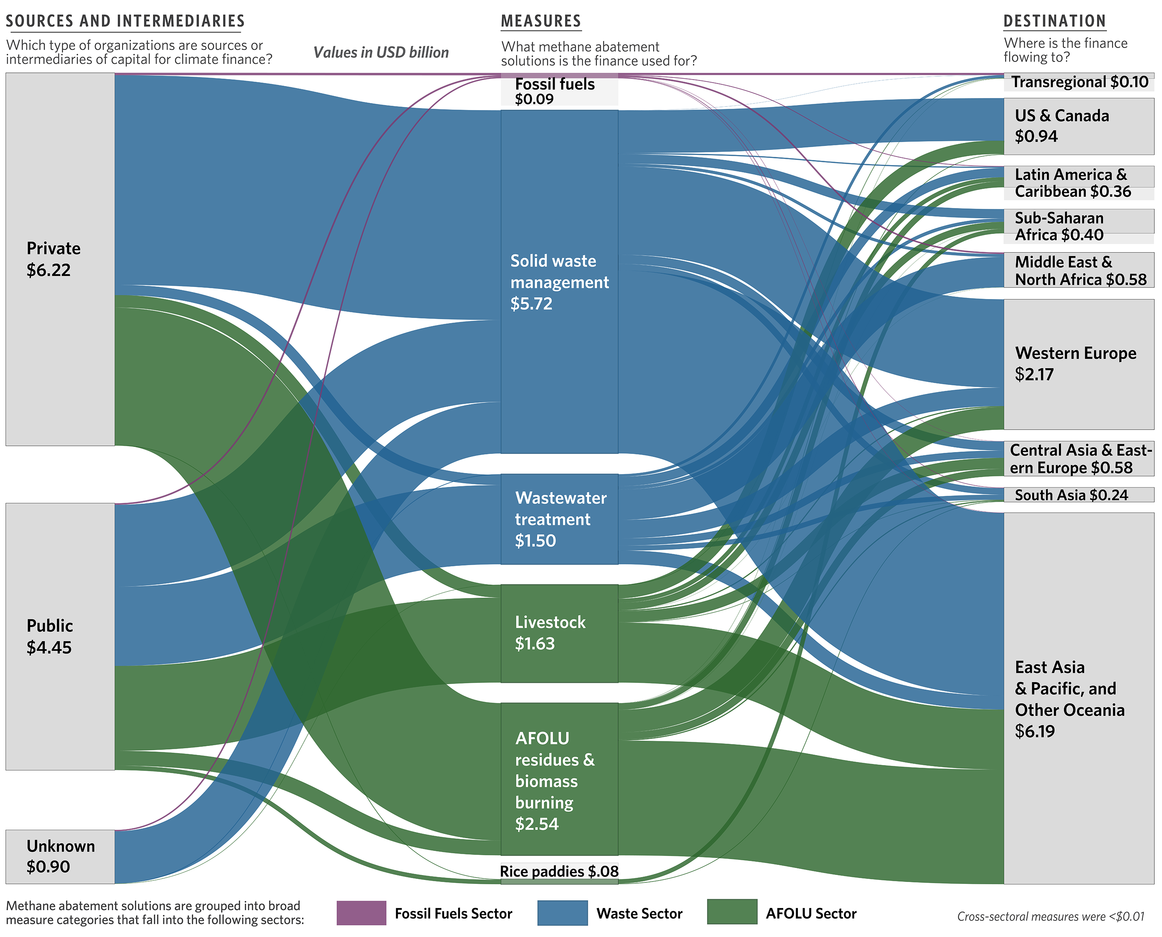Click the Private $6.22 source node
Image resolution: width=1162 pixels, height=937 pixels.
pos(60,259)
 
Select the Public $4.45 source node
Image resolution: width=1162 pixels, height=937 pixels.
pos(60,636)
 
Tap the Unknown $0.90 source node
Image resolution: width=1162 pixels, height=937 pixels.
pos(60,856)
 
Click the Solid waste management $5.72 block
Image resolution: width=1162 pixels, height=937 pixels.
pos(559,282)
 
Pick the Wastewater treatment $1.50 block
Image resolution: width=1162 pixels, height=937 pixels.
pos(559,519)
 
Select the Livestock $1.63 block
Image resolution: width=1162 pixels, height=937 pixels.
pos(559,633)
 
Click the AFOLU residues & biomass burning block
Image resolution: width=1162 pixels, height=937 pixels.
pos(559,779)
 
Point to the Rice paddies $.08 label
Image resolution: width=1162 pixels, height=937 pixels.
pos(559,871)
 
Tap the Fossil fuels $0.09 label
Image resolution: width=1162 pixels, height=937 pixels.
pos(555,91)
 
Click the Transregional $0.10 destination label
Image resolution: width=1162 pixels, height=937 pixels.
pos(1080,82)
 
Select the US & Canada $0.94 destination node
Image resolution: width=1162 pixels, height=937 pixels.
pos(1079,126)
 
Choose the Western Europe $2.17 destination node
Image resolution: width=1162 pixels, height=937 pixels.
pos(1079,364)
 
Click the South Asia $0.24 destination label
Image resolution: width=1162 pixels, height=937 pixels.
pos(1071,495)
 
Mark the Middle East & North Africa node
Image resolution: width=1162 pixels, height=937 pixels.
pos(1079,270)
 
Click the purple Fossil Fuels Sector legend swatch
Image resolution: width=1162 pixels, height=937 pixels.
pos(361,913)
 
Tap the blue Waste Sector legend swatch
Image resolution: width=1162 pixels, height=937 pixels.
pos(562,913)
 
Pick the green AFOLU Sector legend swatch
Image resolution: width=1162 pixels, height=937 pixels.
pos(732,912)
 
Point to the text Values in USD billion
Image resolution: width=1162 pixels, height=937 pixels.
pos(381,52)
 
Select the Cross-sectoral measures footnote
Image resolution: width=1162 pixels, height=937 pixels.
pos(1051,916)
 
